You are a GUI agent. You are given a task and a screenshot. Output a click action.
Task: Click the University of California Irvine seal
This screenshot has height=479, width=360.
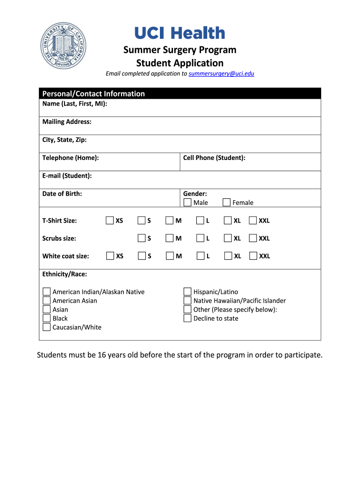click(64, 45)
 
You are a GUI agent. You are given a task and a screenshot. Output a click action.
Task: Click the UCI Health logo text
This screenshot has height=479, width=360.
click(180, 33)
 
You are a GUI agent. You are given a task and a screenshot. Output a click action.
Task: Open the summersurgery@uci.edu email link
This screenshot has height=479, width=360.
click(221, 73)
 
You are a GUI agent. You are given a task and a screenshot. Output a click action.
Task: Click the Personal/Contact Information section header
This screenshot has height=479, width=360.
click(94, 94)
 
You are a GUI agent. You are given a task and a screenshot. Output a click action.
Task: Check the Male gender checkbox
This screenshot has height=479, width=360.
click(187, 203)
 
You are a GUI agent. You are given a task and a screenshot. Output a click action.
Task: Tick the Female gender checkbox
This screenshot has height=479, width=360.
click(227, 203)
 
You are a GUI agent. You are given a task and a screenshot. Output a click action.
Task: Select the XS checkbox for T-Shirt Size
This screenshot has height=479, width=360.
click(110, 220)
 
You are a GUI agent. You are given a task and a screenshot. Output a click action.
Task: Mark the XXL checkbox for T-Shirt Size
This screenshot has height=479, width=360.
click(253, 220)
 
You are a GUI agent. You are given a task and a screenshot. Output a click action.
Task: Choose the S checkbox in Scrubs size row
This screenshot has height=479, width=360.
click(142, 238)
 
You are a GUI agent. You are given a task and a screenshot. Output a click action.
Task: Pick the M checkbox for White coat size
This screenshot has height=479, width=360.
click(170, 256)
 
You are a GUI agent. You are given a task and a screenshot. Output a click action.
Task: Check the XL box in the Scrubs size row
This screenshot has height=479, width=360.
click(228, 238)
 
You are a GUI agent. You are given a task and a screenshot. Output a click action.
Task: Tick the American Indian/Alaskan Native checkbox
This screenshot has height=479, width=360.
click(47, 291)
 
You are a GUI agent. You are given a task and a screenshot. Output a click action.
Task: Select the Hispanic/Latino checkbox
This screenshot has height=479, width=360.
click(187, 291)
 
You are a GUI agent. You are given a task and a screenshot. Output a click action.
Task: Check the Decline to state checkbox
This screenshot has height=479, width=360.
click(187, 318)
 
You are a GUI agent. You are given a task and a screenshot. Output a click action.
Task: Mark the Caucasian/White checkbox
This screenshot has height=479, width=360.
click(47, 327)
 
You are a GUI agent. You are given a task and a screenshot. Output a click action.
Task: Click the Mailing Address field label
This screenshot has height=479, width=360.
click(67, 122)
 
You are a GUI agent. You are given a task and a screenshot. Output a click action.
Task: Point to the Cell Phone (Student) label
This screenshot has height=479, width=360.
click(214, 158)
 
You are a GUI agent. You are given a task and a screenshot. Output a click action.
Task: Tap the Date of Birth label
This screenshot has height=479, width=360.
click(62, 193)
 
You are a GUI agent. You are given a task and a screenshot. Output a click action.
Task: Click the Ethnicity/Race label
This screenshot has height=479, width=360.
click(65, 274)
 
